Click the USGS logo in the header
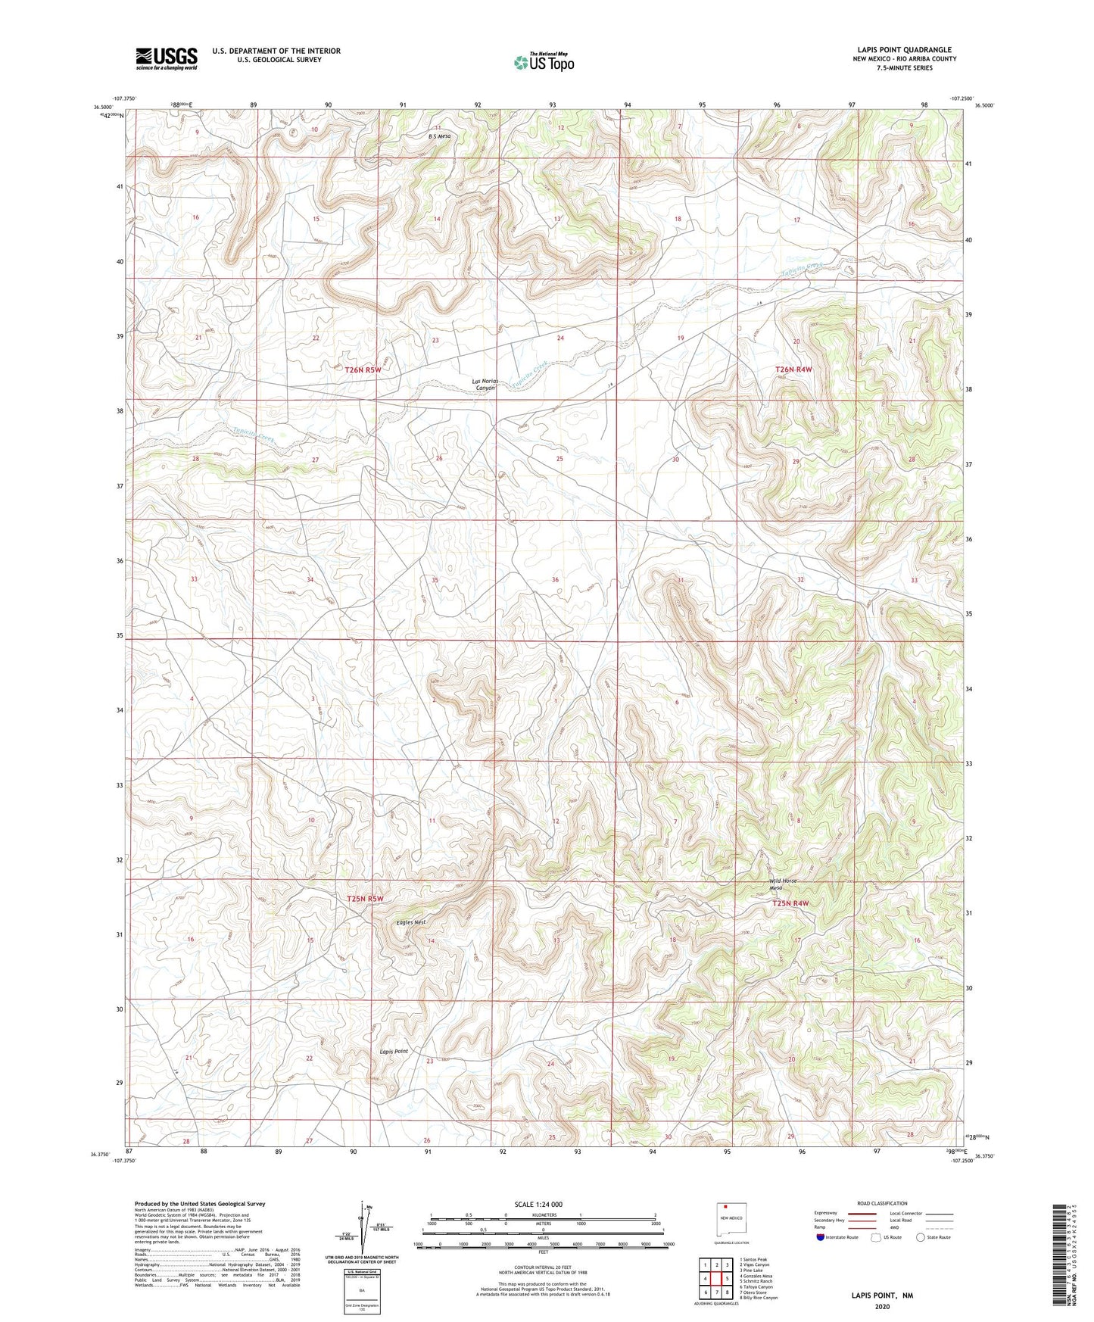point(167,58)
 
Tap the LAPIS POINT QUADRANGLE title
point(902,50)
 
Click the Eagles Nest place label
point(411,922)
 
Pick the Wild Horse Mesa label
point(783,884)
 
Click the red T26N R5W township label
point(358,370)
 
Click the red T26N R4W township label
point(793,369)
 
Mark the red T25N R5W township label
point(365,899)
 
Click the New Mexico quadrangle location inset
point(732,1221)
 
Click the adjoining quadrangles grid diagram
point(715,1279)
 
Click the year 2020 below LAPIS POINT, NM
point(881,1307)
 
